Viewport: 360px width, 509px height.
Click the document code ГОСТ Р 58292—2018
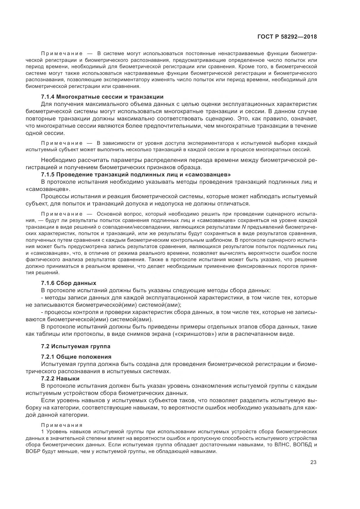[x=287, y=37]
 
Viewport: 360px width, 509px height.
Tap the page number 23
[x=313, y=462]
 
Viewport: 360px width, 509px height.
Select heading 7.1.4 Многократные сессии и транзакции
[x=102, y=97]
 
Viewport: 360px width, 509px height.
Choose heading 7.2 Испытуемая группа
[x=75, y=346]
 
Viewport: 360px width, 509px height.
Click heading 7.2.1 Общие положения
[x=76, y=357]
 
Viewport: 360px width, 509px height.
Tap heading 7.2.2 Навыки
[x=60, y=378]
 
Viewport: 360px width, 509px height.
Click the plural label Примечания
[x=62, y=425]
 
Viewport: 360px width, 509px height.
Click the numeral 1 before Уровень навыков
[x=42, y=432]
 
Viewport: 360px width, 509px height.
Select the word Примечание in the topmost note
[x=62, y=53]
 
